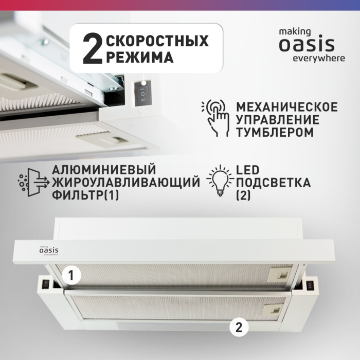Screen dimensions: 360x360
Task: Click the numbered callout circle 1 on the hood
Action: [x=72, y=276]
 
